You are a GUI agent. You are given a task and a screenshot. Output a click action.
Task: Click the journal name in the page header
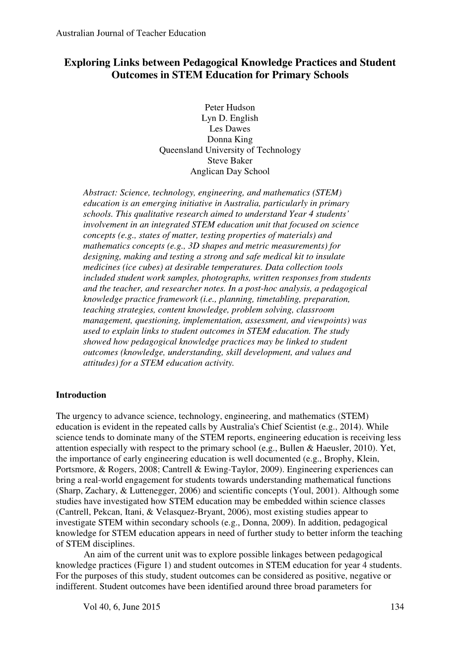coord(131,33)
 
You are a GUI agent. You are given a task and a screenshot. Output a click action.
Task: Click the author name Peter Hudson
coord(230,108)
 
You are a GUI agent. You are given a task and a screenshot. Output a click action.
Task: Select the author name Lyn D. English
coord(230,118)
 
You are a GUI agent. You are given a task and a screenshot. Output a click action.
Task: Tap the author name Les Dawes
coord(230,129)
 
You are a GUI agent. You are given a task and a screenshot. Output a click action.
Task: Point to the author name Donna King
coord(230,139)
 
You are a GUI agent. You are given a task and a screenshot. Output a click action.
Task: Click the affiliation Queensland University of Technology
coord(230,150)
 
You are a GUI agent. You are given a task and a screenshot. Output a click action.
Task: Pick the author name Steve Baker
coord(230,161)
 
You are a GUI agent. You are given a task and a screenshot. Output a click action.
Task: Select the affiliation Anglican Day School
coord(230,171)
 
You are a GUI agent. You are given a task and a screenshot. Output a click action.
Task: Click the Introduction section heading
coord(81,395)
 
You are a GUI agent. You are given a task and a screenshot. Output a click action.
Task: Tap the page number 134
coord(397,607)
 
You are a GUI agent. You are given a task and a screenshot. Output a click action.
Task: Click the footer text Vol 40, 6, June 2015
coord(122,607)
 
